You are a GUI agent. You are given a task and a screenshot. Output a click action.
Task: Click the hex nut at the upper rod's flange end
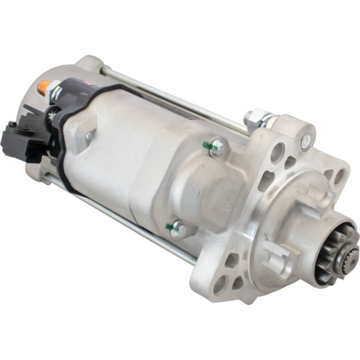258,117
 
